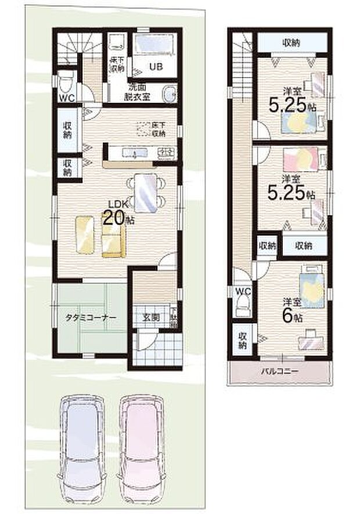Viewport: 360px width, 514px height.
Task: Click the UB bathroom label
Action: coord(155,66)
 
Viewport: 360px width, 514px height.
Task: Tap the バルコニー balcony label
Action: coord(280,372)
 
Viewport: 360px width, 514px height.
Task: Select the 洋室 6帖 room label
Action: coord(293,310)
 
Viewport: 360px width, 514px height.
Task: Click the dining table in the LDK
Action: coord(145,193)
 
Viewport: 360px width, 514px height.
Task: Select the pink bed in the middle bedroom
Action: coord(300,159)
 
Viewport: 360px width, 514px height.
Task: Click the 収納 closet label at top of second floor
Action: coord(291,42)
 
